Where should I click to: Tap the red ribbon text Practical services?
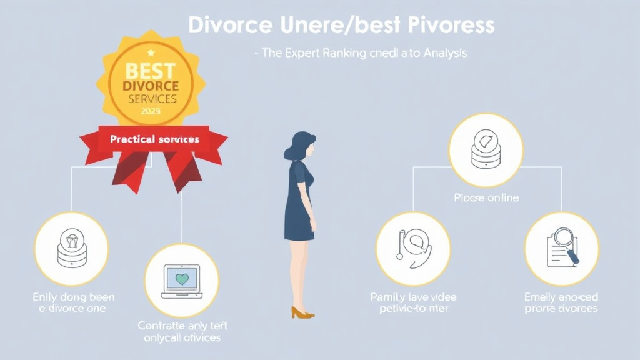(x=154, y=139)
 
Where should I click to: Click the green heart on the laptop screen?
(x=182, y=279)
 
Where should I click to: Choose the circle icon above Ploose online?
(x=486, y=150)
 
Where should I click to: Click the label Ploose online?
(x=486, y=198)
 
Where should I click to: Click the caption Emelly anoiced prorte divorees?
(x=561, y=303)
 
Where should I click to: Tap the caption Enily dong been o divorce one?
(x=73, y=303)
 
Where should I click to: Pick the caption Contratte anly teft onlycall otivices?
(x=180, y=331)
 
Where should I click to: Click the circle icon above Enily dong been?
(x=71, y=249)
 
